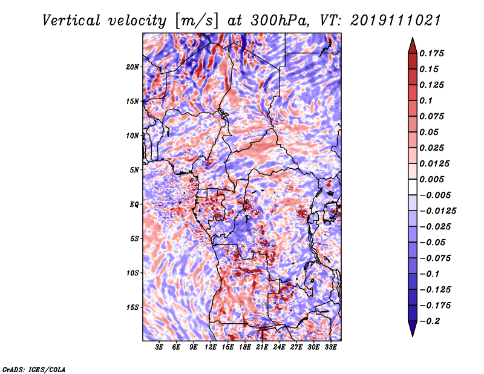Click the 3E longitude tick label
(160, 347)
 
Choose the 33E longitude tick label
(330, 347)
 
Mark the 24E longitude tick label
(279, 347)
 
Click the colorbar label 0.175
(434, 53)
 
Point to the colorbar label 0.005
(434, 179)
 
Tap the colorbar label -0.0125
(439, 211)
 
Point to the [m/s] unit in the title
(195, 21)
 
